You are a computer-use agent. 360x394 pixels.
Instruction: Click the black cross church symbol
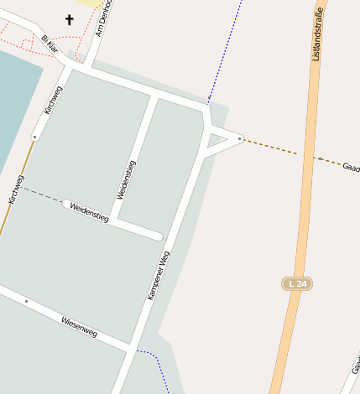[x=69, y=19]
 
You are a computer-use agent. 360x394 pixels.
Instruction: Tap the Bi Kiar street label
[x=50, y=44]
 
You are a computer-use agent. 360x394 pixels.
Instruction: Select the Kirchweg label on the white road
[x=52, y=99]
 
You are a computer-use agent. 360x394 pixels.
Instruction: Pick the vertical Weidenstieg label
[x=127, y=179]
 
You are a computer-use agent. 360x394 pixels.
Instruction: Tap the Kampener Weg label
[x=159, y=276]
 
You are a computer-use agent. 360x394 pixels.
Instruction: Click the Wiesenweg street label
[x=79, y=327]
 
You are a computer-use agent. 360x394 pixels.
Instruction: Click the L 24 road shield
[x=297, y=284]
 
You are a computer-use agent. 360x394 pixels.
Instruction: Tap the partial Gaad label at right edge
[x=351, y=168]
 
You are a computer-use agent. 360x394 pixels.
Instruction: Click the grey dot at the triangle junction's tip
[x=240, y=138]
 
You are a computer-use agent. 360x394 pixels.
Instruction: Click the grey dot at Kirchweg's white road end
[x=34, y=136]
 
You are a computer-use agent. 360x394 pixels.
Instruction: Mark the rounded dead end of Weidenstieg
[x=158, y=236]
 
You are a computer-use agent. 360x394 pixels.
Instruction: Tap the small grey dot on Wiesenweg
[x=26, y=301]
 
